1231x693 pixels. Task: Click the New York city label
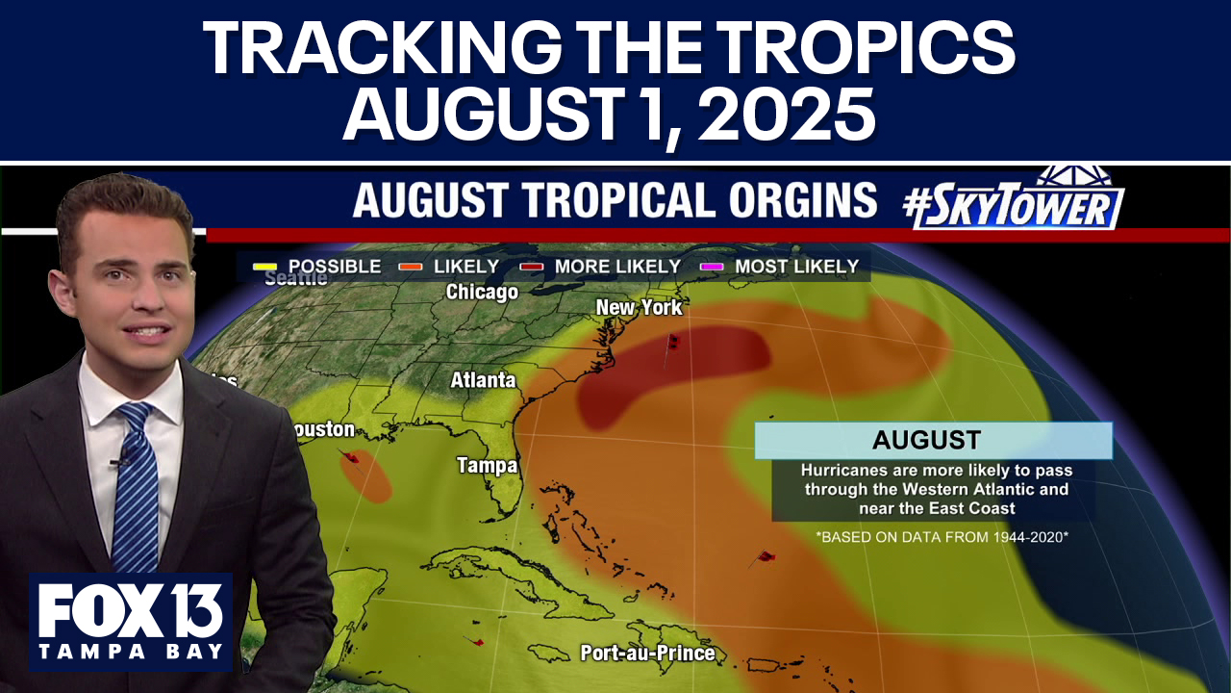[x=639, y=308]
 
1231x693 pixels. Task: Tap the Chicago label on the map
[x=482, y=292]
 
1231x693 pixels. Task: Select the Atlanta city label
[x=483, y=380]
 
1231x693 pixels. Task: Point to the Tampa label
[x=487, y=466]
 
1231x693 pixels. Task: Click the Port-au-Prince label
[x=647, y=654]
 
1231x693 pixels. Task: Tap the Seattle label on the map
[x=295, y=279]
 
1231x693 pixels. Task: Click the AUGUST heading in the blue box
[x=926, y=441]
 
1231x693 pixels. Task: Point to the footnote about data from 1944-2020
[x=942, y=537]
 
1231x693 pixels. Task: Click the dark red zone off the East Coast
[x=673, y=366]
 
